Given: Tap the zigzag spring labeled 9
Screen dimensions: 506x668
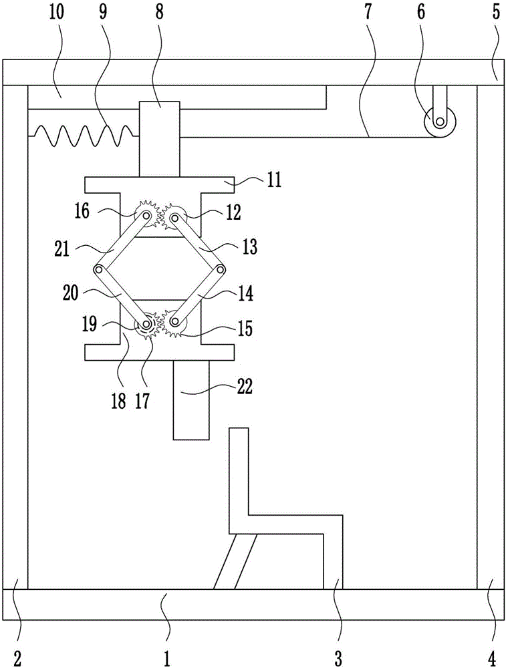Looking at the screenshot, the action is [84, 136].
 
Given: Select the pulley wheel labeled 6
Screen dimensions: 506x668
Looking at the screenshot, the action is [440, 122].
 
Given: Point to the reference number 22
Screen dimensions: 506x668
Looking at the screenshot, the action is [244, 387].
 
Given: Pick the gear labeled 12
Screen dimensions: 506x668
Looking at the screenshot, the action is [174, 217].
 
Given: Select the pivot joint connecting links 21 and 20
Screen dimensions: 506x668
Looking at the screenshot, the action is [99, 269].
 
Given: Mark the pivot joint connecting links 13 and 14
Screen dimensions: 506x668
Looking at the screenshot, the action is [221, 269].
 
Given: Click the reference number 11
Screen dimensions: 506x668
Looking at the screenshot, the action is [274, 180].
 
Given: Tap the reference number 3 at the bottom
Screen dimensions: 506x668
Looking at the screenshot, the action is [338, 658].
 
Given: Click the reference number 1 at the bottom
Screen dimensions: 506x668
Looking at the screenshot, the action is [166, 658].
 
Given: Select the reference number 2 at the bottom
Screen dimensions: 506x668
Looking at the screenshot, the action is [17, 658].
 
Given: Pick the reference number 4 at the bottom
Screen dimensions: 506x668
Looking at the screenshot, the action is [492, 658].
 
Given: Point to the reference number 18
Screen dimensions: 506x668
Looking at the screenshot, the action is [119, 401].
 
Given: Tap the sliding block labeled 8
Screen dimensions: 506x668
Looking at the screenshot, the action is [160, 139].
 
